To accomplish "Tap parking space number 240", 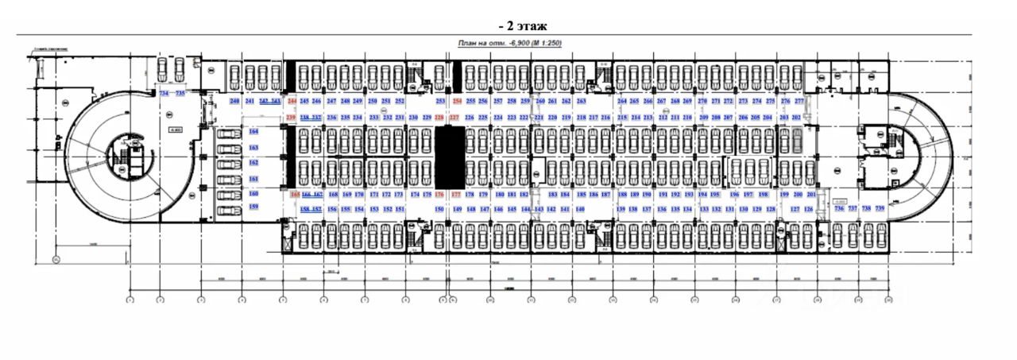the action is point(234,102).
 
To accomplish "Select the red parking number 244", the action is point(292,102).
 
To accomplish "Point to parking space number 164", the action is point(254,131).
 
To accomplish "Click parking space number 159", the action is point(254,207).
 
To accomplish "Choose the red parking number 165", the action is point(295,195).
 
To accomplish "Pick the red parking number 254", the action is point(457,102).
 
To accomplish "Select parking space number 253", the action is point(440,102).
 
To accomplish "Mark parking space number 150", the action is point(439,209).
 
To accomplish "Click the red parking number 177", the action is point(455,195).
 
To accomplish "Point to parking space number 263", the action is point(581,102).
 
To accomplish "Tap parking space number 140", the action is point(579,209).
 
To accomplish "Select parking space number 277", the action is point(799,102).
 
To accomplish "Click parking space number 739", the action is point(880,209).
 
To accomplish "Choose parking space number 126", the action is point(809,209).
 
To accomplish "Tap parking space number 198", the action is point(764,195).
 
